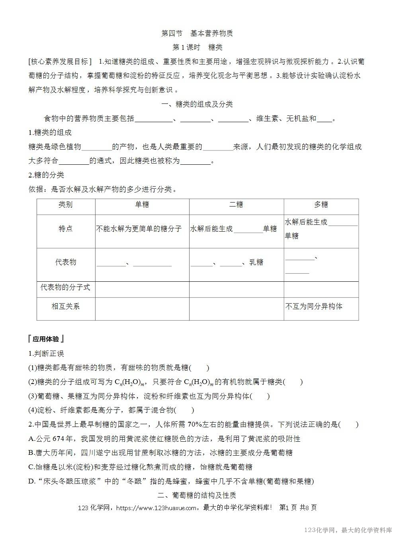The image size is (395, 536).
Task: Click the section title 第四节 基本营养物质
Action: tap(197, 33)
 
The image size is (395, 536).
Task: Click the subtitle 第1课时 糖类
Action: tap(197, 47)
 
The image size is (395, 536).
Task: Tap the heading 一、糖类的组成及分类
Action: tap(197, 104)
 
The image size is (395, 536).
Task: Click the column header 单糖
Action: tap(142, 205)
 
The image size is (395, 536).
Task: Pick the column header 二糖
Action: tap(236, 205)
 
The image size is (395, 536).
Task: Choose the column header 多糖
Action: tap(321, 205)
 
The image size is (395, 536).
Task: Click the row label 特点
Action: tap(66, 229)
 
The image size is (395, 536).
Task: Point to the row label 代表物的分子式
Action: tap(66, 287)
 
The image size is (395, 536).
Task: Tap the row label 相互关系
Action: tap(66, 306)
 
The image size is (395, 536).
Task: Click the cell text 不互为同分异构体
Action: tap(314, 306)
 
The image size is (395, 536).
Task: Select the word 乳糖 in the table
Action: tap(256, 263)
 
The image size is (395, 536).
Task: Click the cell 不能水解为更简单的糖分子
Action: tap(139, 229)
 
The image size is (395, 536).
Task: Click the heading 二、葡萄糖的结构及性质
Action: tap(197, 495)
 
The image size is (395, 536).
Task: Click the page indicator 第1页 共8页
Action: tap(298, 508)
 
